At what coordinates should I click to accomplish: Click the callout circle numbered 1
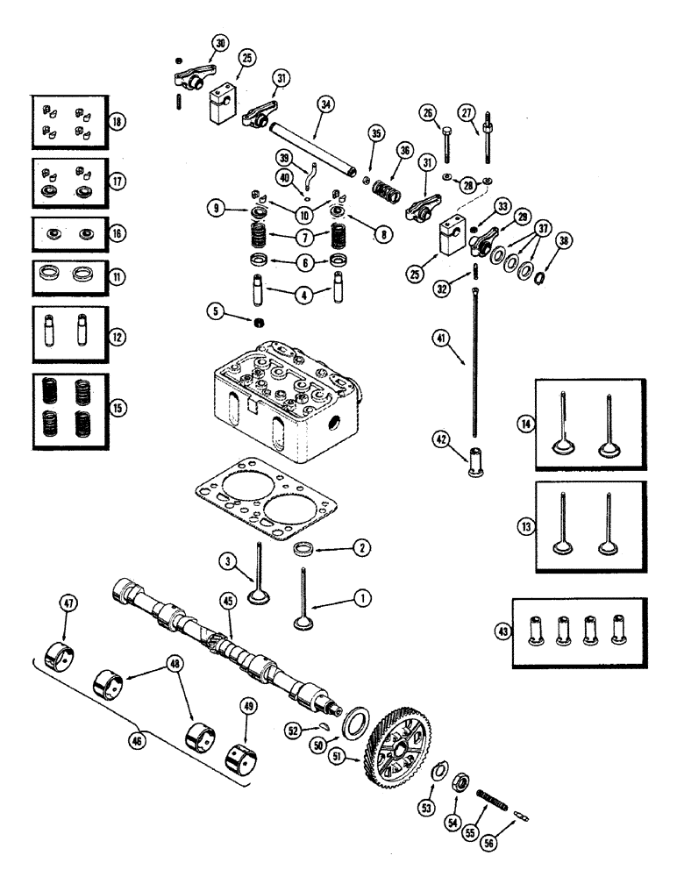tap(361, 597)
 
